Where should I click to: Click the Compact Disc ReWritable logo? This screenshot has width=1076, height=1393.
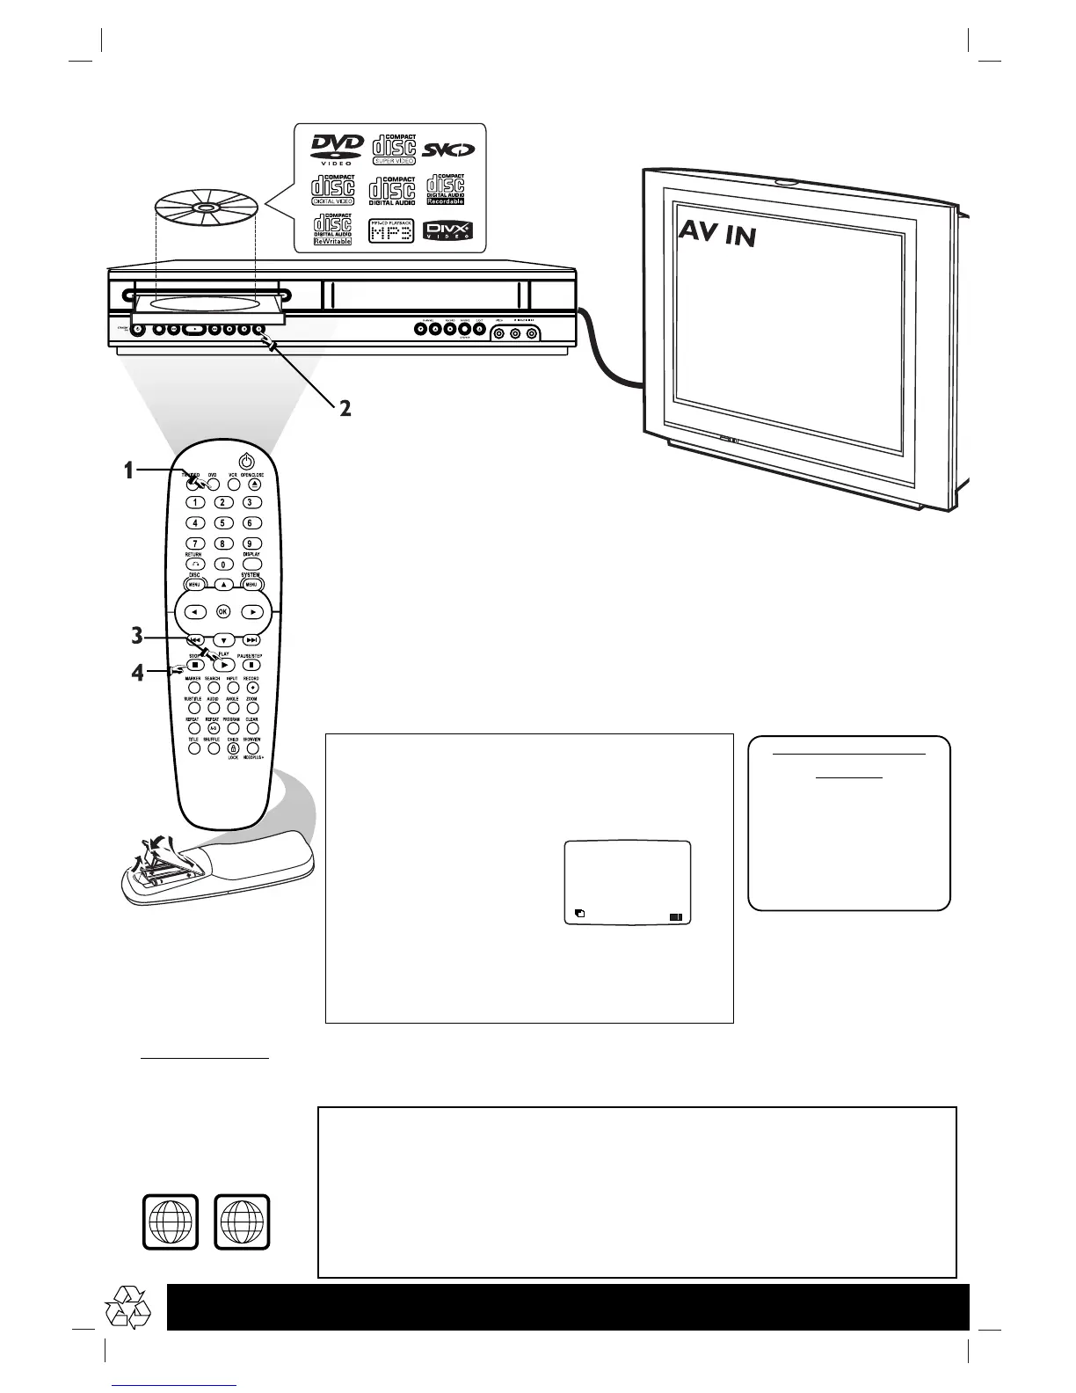click(333, 230)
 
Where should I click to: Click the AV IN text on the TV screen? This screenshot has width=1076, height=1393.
click(716, 232)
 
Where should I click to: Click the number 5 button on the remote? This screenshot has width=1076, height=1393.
click(223, 523)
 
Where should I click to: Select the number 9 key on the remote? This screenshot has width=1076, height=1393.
click(251, 543)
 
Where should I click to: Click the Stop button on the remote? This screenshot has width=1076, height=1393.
click(195, 666)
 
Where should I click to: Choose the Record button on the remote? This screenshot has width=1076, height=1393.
click(251, 687)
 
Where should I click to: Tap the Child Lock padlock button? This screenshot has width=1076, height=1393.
click(233, 748)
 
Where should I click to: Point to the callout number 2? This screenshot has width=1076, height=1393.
click(345, 408)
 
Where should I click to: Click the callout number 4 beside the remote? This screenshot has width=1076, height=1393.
click(137, 675)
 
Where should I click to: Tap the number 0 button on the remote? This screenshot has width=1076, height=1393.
click(223, 565)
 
